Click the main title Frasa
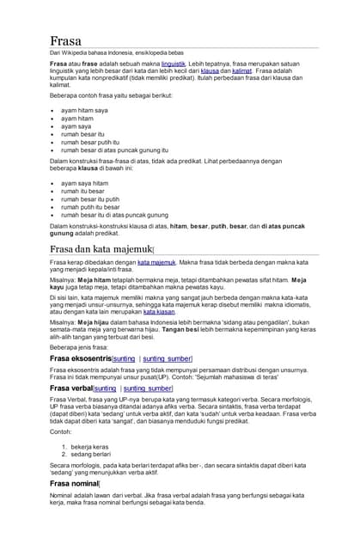pyautogui.click(x=65, y=40)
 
